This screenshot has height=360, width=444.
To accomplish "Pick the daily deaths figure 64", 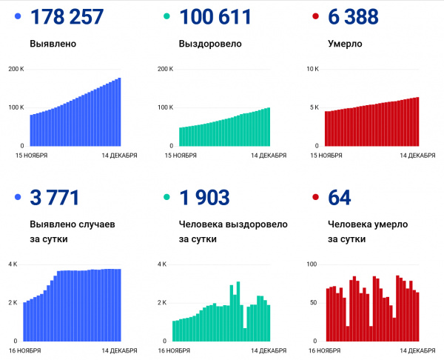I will click(x=339, y=199).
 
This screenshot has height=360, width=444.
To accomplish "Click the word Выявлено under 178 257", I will click(x=53, y=44).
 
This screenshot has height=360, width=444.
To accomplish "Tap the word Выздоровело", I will click(x=210, y=44).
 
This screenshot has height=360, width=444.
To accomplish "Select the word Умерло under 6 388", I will click(x=345, y=44).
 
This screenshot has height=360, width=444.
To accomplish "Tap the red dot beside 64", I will click(x=316, y=199).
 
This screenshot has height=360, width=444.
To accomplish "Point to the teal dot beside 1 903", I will click(x=166, y=199).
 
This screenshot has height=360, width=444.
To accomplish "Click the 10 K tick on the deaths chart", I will click(x=313, y=69).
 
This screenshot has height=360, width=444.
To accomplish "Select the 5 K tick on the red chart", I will click(x=314, y=107).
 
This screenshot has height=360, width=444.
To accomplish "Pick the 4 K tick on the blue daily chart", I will click(x=13, y=264).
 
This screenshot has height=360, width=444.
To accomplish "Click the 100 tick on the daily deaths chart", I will click(x=312, y=264).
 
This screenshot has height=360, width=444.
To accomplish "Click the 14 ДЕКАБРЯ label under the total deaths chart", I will click(x=418, y=155).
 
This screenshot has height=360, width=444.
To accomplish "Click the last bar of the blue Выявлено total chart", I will click(x=119, y=112).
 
